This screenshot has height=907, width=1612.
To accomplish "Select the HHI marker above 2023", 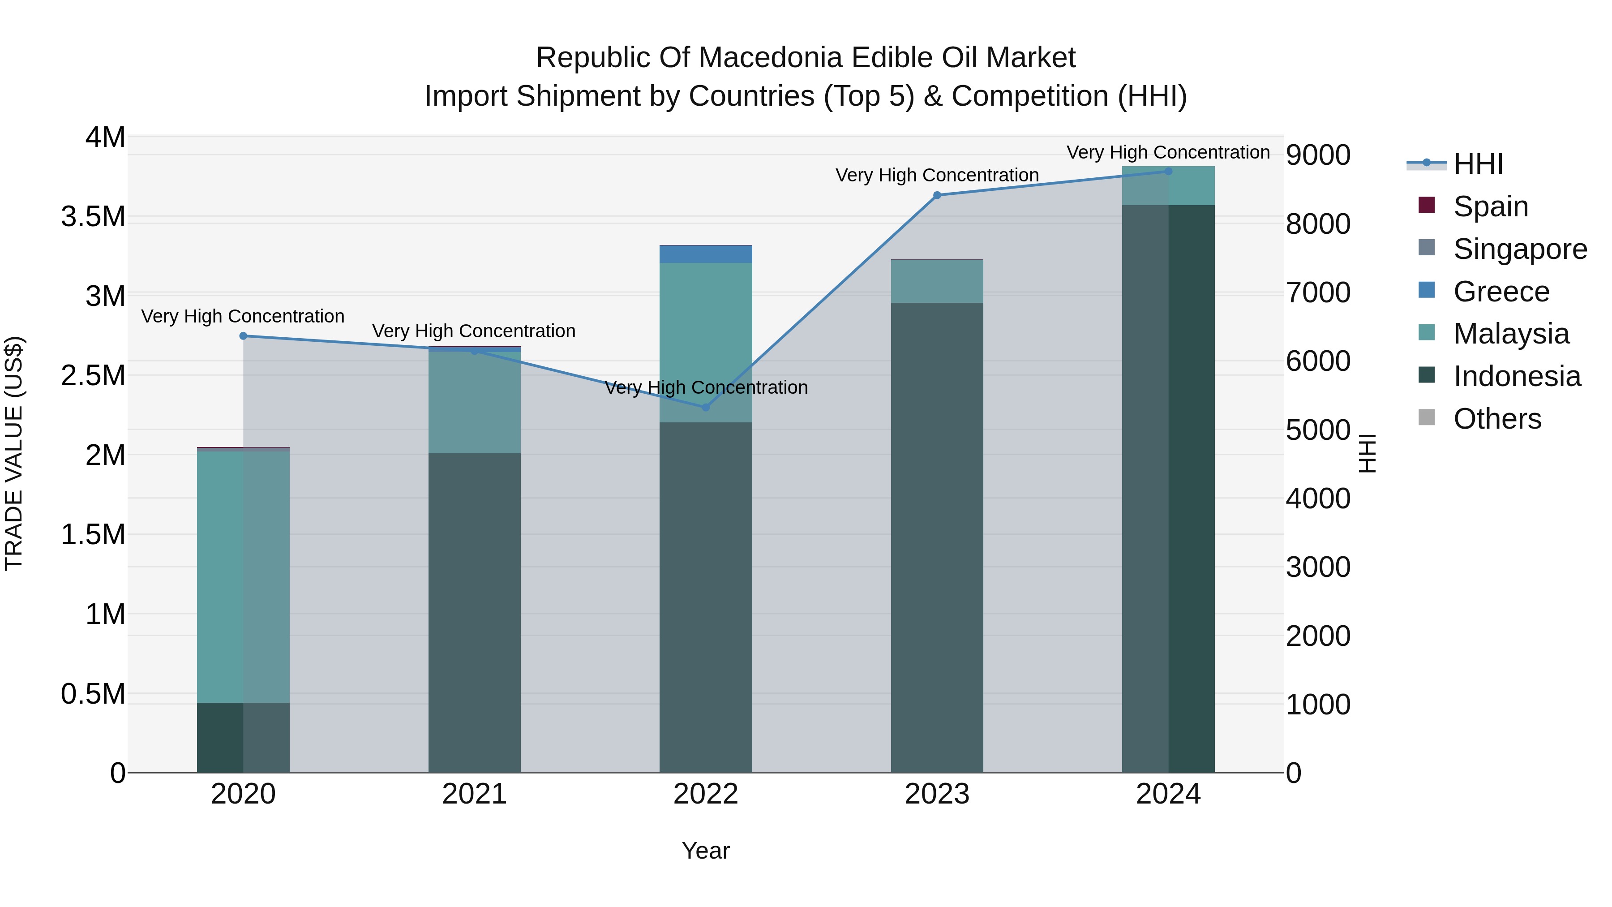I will click(x=937, y=195).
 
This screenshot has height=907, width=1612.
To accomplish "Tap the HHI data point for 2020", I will click(x=244, y=336).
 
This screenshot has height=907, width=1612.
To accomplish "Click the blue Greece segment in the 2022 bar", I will click(x=705, y=254).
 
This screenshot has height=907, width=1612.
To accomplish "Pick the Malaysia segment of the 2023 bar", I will click(x=937, y=282).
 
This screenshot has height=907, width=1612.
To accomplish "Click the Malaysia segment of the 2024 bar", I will click(x=1168, y=186).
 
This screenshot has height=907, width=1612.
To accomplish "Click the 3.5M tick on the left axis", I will click(x=93, y=217).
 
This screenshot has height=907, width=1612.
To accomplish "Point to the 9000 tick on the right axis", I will click(x=1318, y=155).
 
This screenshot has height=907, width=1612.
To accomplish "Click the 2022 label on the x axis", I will click(x=705, y=794).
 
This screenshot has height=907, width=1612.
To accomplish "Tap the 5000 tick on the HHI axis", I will click(x=1318, y=430).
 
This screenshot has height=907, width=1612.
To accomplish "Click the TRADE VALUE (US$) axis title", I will click(x=14, y=453).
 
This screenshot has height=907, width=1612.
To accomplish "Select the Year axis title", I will click(x=705, y=851).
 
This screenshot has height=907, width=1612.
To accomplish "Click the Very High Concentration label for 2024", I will click(x=1168, y=152).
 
